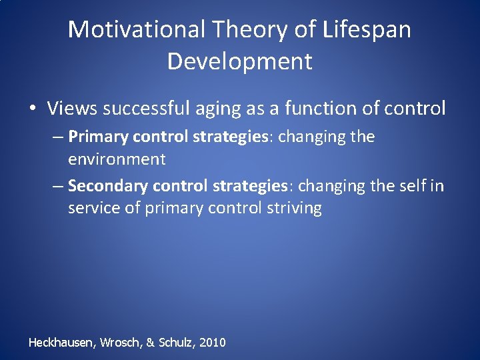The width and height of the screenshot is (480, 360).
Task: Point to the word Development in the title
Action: pos(239,61)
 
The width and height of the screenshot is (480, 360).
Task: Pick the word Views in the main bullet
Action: pos(71,108)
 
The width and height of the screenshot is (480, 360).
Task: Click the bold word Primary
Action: pos(99,137)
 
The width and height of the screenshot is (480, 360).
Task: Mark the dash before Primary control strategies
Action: pos(58,137)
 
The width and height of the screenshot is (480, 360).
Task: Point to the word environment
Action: pos(117,159)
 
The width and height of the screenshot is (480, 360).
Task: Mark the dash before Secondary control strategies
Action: pos(58,186)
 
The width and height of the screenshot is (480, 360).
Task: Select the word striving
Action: pos(294,209)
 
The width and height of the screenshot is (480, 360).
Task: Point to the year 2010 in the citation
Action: pos(212,343)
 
